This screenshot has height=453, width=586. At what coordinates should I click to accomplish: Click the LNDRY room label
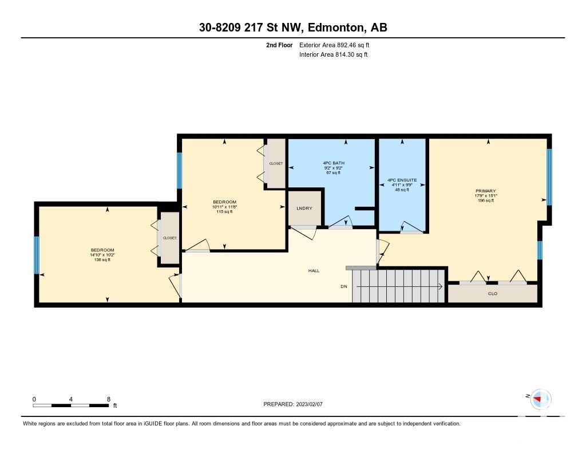pos(304,208)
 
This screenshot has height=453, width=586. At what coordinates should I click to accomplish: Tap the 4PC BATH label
pos(334,163)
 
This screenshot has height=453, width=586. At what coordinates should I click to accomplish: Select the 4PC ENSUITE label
pos(402,180)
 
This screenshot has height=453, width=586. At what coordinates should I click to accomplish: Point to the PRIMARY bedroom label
pos(486,191)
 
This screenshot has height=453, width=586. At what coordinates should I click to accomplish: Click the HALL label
pos(314,271)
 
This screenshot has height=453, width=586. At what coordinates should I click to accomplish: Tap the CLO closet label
pos(493,294)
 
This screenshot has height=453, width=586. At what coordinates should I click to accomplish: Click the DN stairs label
pos(344,286)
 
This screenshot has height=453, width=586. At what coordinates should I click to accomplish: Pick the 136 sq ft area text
pos(102,259)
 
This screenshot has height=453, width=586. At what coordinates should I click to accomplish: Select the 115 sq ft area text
pos(224,212)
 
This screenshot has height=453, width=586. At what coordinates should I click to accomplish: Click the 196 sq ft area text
pos(486,200)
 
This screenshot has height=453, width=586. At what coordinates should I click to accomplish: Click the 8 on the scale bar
pos(109,399)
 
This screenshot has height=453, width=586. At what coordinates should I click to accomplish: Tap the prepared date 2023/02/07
pos(310,404)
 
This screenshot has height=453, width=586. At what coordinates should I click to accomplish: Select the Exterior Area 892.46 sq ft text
pos(334,45)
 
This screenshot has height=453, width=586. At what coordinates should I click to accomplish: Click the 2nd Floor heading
pos(279,45)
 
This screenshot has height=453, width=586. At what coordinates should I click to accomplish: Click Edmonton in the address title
pos(335,27)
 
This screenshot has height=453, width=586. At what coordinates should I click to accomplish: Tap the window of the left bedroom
pos(37,255)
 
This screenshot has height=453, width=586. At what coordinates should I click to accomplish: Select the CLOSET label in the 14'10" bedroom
pos(169,238)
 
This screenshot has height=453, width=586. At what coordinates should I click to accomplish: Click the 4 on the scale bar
pos(70,399)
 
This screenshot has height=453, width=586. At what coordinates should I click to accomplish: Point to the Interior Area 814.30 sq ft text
pos(334,54)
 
